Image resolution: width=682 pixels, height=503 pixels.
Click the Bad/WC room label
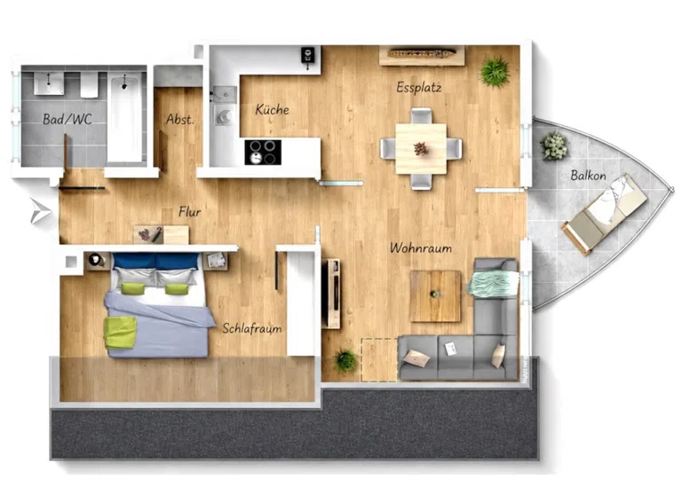tap(67, 119)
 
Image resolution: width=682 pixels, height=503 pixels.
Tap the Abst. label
tap(180, 119)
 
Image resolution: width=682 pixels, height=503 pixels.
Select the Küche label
tap(272, 109)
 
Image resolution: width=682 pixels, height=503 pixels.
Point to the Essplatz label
tap(419, 87)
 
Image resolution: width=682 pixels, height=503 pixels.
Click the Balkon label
tap(588, 176)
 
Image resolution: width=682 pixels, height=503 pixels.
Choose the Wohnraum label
tap(421, 248)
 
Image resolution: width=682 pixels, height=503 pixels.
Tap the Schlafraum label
tap(252, 328)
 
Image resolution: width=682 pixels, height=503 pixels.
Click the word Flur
tap(190, 211)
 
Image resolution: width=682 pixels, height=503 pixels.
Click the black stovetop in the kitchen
tap(263, 152)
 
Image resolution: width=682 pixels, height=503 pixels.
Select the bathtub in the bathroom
tap(125, 117)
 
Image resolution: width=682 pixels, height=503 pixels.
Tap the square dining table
tap(421, 149)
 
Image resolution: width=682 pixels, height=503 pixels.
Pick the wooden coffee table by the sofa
tap(435, 296)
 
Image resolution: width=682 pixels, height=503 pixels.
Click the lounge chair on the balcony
tap(604, 214)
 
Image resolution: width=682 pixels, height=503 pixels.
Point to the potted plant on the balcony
tap(554, 145)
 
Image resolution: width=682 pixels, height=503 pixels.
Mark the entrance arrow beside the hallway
tap(41, 211)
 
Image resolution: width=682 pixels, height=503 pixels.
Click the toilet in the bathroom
tap(89, 84)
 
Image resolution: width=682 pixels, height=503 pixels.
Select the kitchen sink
tap(225, 94)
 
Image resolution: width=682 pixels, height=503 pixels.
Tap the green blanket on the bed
tap(120, 333)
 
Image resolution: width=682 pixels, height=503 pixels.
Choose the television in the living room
tap(334, 294)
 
